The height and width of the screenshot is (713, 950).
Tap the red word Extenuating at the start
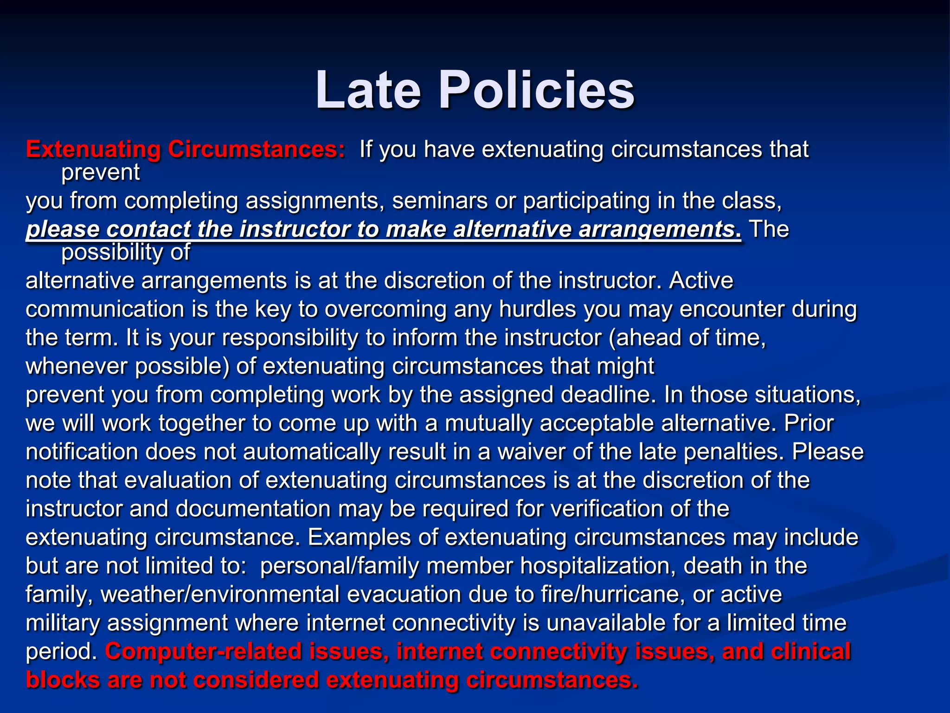pyautogui.click(x=93, y=150)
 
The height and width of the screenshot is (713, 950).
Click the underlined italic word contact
pyautogui.click(x=148, y=229)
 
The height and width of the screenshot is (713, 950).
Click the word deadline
pyautogui.click(x=608, y=395)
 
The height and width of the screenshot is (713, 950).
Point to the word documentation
pyautogui.click(x=253, y=509)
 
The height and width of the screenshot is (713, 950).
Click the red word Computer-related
pyautogui.click(x=204, y=652)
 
